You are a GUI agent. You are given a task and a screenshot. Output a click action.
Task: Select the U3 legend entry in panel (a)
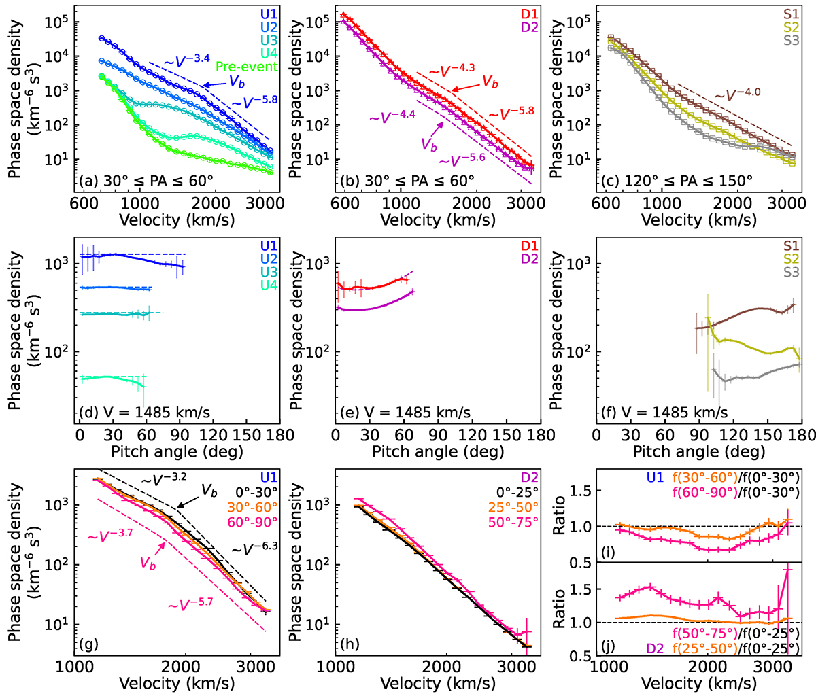point(269,40)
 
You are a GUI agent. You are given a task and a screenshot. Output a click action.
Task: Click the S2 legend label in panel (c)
point(791,27)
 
